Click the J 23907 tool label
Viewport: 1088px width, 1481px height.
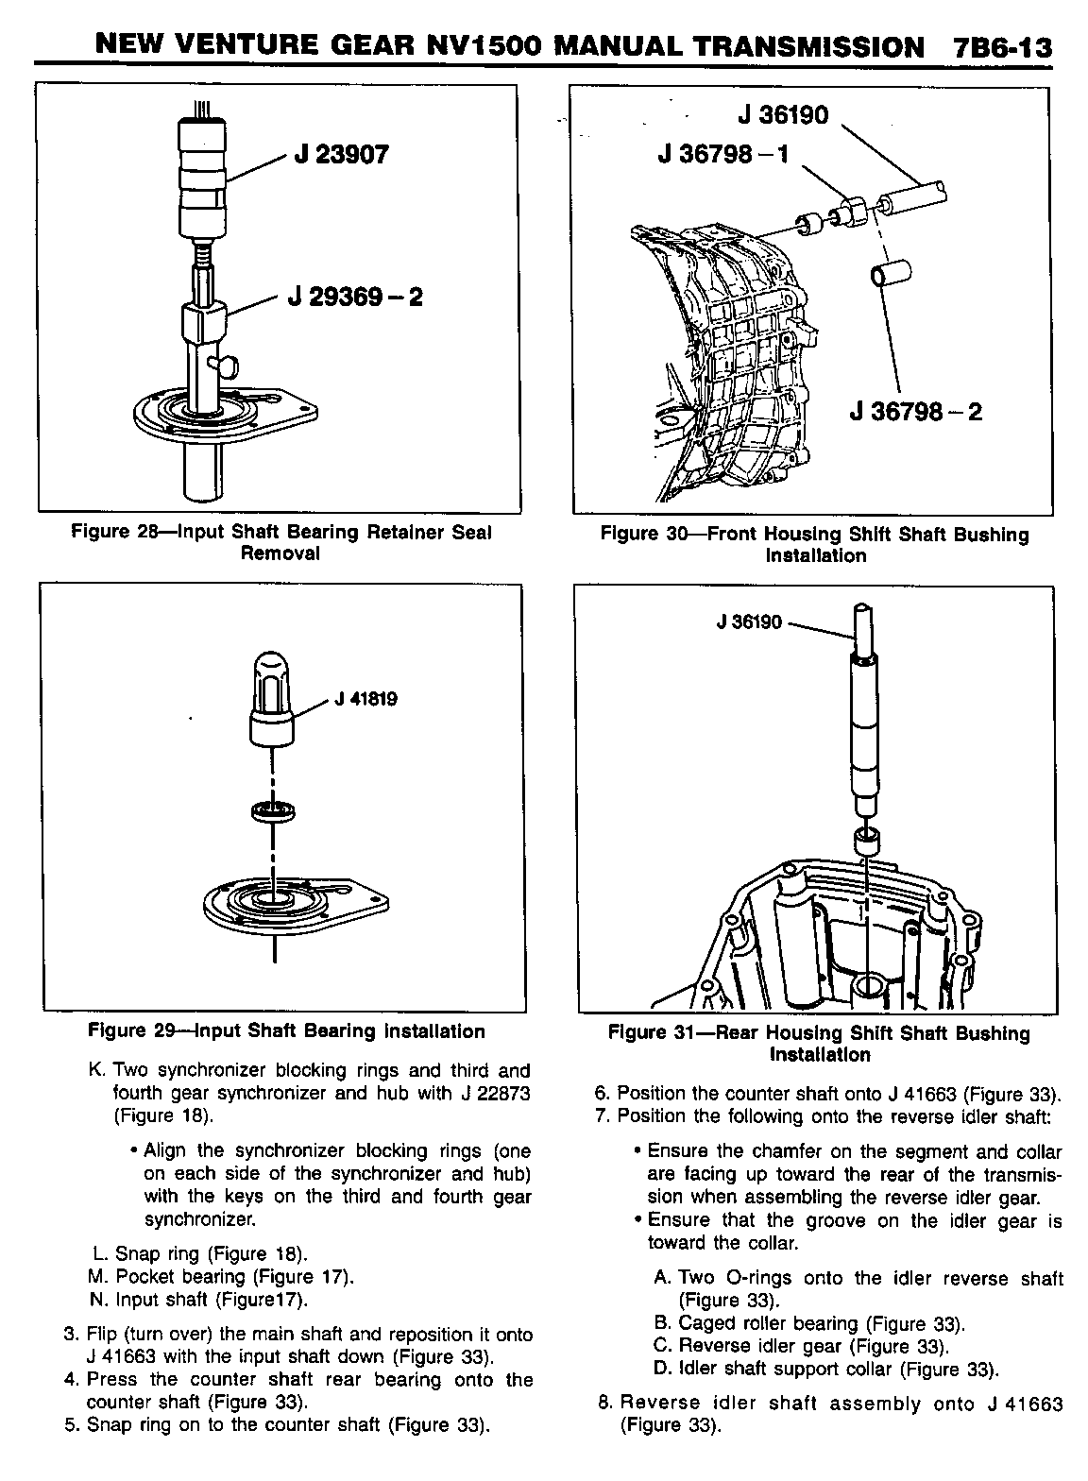[x=341, y=154]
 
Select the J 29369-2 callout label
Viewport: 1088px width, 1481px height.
[x=358, y=297]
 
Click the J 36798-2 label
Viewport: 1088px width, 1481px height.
[x=916, y=412]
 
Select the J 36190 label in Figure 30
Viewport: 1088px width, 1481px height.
[x=783, y=115]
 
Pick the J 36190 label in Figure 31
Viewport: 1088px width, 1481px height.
[x=750, y=622]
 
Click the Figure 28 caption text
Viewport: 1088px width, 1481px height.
[x=281, y=542]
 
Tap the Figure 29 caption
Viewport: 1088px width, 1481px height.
[x=286, y=1031]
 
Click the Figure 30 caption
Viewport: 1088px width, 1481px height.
[x=815, y=545]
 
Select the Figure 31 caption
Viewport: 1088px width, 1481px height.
[x=819, y=1043]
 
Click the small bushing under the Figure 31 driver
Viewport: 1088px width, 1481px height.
[x=866, y=839]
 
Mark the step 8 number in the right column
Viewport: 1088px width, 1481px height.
[x=605, y=1403]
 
